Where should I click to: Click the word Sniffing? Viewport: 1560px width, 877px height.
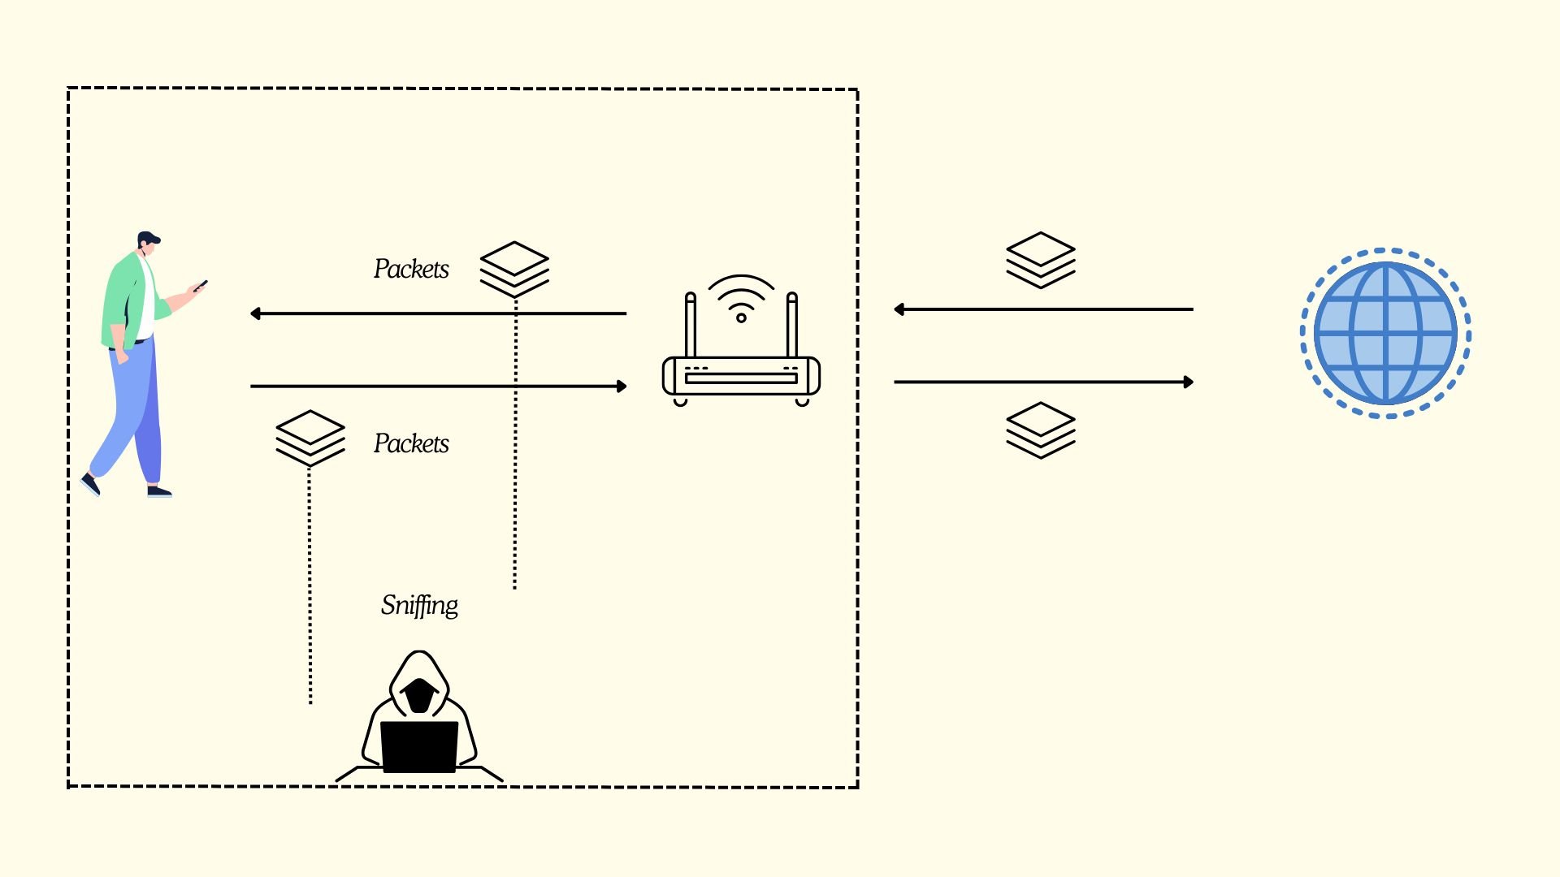(x=419, y=605)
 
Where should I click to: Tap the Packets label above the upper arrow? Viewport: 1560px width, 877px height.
(x=411, y=269)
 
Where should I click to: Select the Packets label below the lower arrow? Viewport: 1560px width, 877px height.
(x=411, y=443)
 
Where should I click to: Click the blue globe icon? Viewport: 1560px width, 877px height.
(x=1385, y=333)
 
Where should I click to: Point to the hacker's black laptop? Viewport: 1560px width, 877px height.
(x=419, y=745)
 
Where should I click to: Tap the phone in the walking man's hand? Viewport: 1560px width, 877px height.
(x=201, y=285)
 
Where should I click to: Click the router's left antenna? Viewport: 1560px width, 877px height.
(x=691, y=325)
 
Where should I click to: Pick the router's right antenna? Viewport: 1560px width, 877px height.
(x=792, y=325)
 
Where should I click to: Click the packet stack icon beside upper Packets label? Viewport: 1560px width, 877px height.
(x=514, y=269)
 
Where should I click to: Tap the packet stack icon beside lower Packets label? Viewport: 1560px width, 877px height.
(x=310, y=438)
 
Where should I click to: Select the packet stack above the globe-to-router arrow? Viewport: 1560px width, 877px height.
(x=1040, y=260)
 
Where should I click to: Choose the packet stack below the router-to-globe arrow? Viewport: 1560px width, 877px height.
(x=1040, y=430)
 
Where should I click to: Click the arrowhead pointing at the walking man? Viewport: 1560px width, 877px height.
(x=256, y=313)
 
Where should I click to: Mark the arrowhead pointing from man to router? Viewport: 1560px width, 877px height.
(x=622, y=387)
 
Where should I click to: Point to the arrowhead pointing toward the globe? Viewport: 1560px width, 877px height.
(x=1188, y=382)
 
